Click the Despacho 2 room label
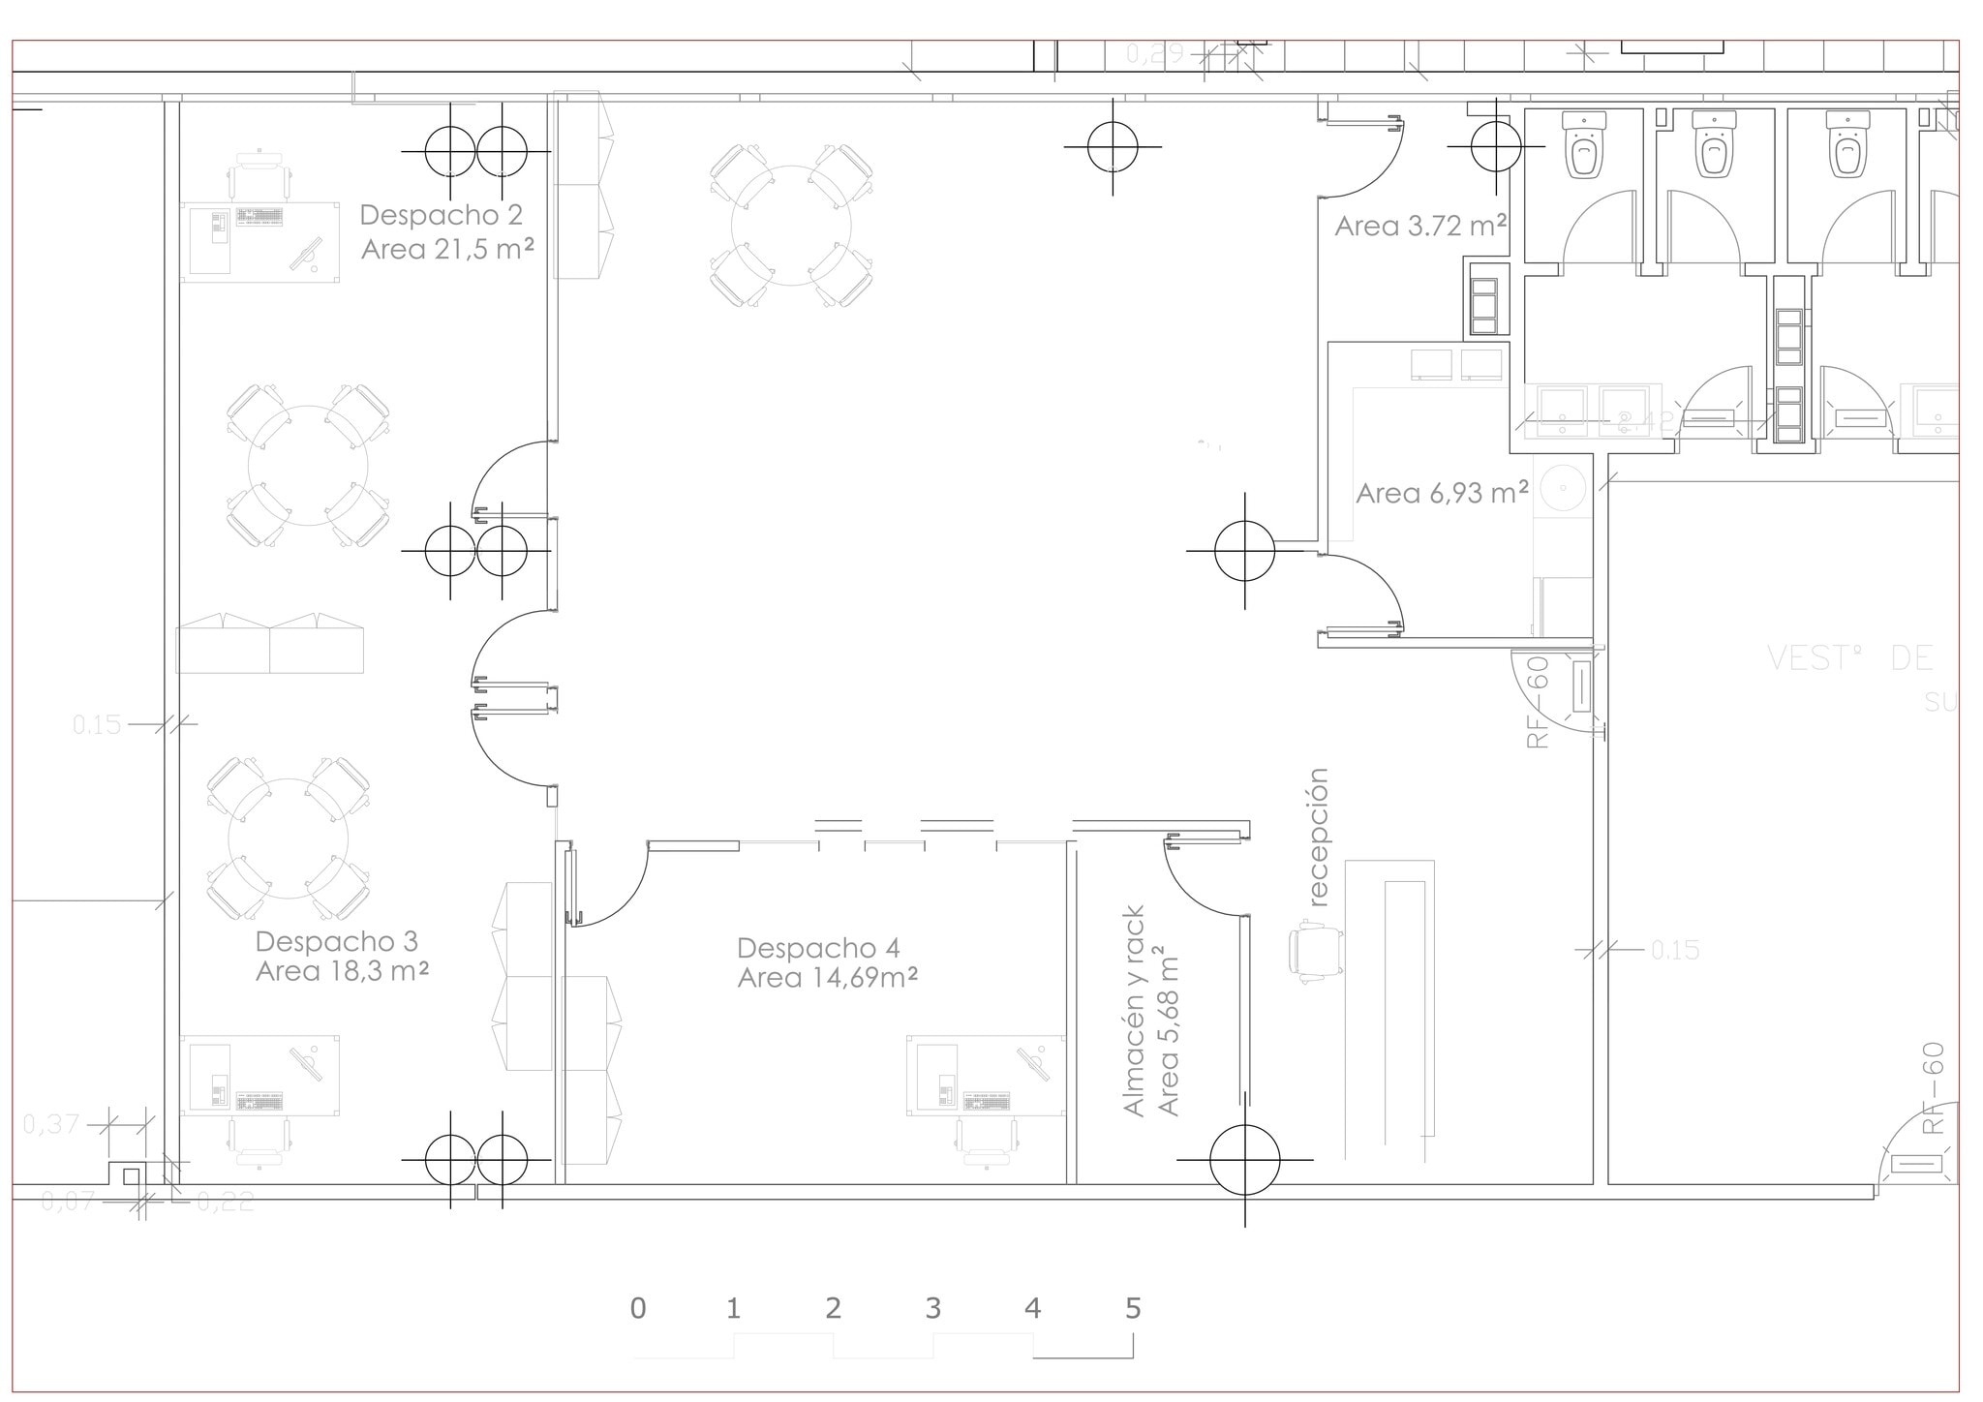pyautogui.click(x=441, y=214)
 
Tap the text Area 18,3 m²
pyautogui.click(x=342, y=971)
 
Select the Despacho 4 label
pyautogui.click(x=818, y=947)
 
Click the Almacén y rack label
pyautogui.click(x=1134, y=1011)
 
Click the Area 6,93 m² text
pyautogui.click(x=1442, y=494)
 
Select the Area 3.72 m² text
pyautogui.click(x=1420, y=227)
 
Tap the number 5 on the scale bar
pyautogui.click(x=1133, y=1309)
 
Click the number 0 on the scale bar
pyautogui.click(x=638, y=1309)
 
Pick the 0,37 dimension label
pyautogui.click(x=51, y=1124)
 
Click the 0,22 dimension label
pyautogui.click(x=225, y=1202)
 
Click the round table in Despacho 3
pyautogui.click(x=288, y=838)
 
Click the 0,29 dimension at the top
pyautogui.click(x=1154, y=54)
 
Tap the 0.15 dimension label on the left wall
pyautogui.click(x=97, y=724)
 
